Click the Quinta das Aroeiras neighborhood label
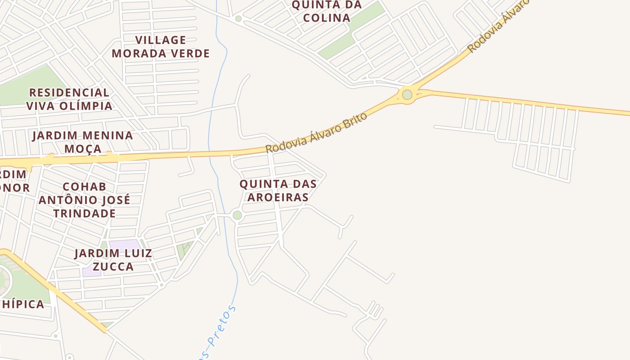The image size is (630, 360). pos(278,190)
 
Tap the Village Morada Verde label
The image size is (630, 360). pos(161,47)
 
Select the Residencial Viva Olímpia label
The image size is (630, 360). pos(69,99)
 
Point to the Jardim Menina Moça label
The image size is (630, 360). pos(83,142)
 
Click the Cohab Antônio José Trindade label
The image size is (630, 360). pos(84,199)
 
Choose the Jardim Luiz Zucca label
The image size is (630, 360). pos(113,260)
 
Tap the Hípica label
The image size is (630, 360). pos(22,304)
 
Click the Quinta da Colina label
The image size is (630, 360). pos(326,11)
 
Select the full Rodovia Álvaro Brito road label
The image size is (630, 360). pos(316,133)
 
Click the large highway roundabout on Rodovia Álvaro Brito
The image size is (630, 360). pos(407,94)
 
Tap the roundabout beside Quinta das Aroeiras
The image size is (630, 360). pos(237,216)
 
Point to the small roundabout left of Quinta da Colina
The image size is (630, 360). pos(238,18)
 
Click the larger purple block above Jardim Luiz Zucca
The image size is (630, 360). pos(125,245)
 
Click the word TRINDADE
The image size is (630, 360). pos(84,213)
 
